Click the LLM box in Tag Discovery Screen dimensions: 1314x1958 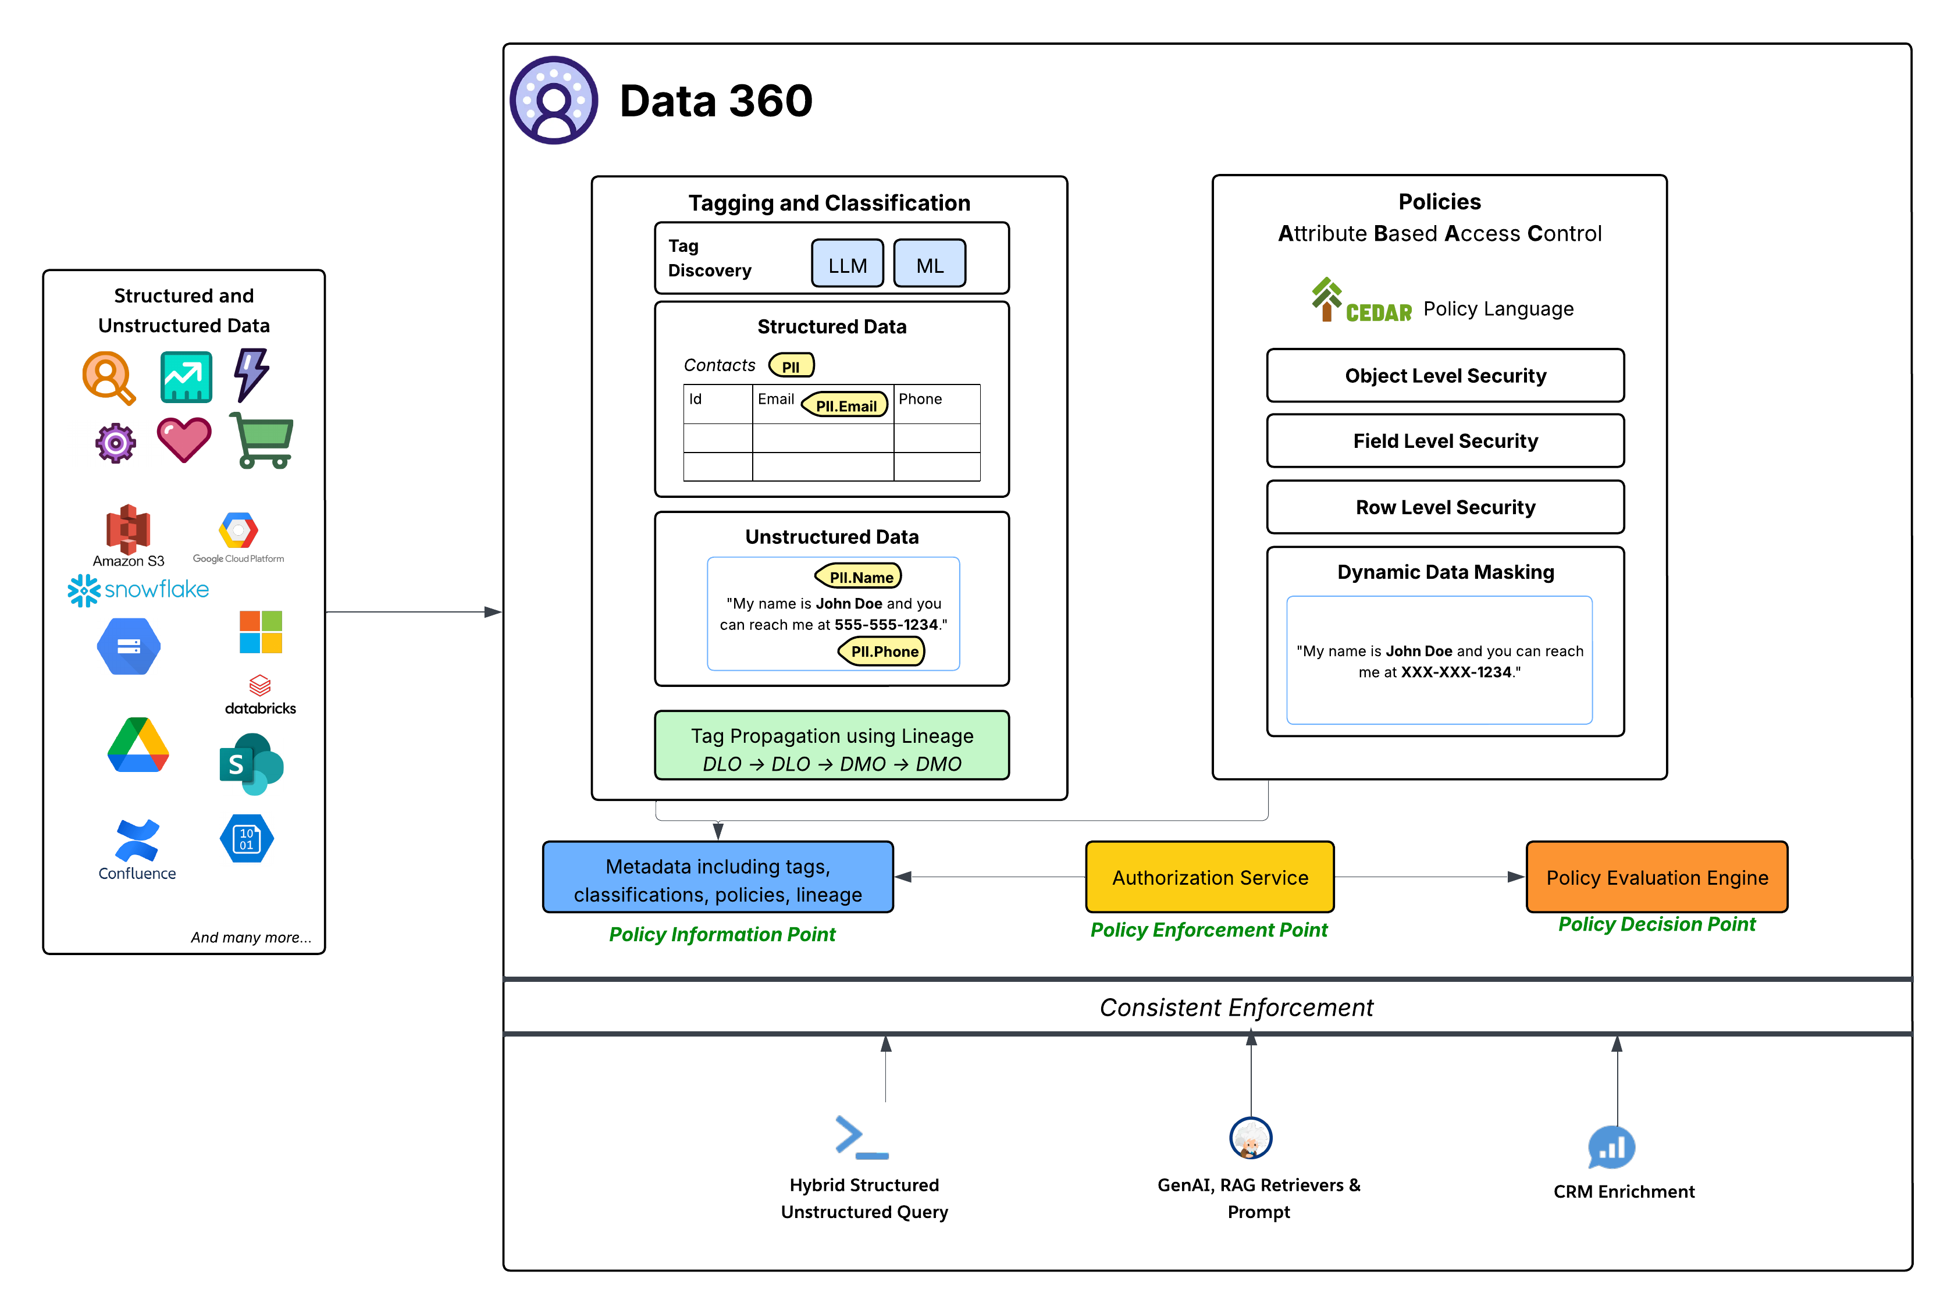click(847, 265)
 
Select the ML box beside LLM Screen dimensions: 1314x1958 click(929, 265)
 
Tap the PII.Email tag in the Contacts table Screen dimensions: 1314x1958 click(845, 405)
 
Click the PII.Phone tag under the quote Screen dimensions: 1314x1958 click(882, 651)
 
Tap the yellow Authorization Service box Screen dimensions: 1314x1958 click(1209, 877)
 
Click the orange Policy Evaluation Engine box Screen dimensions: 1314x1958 click(1656, 877)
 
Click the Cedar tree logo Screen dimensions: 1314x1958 click(1326, 299)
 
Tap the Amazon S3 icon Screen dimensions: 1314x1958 click(127, 530)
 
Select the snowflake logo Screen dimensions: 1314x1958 click(138, 590)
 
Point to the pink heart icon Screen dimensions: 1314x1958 click(184, 440)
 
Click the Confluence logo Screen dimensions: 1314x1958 click(137, 841)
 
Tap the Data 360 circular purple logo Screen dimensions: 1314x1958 click(554, 101)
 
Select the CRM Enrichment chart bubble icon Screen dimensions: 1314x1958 click(1610, 1147)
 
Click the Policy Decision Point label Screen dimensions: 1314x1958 click(1656, 924)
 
